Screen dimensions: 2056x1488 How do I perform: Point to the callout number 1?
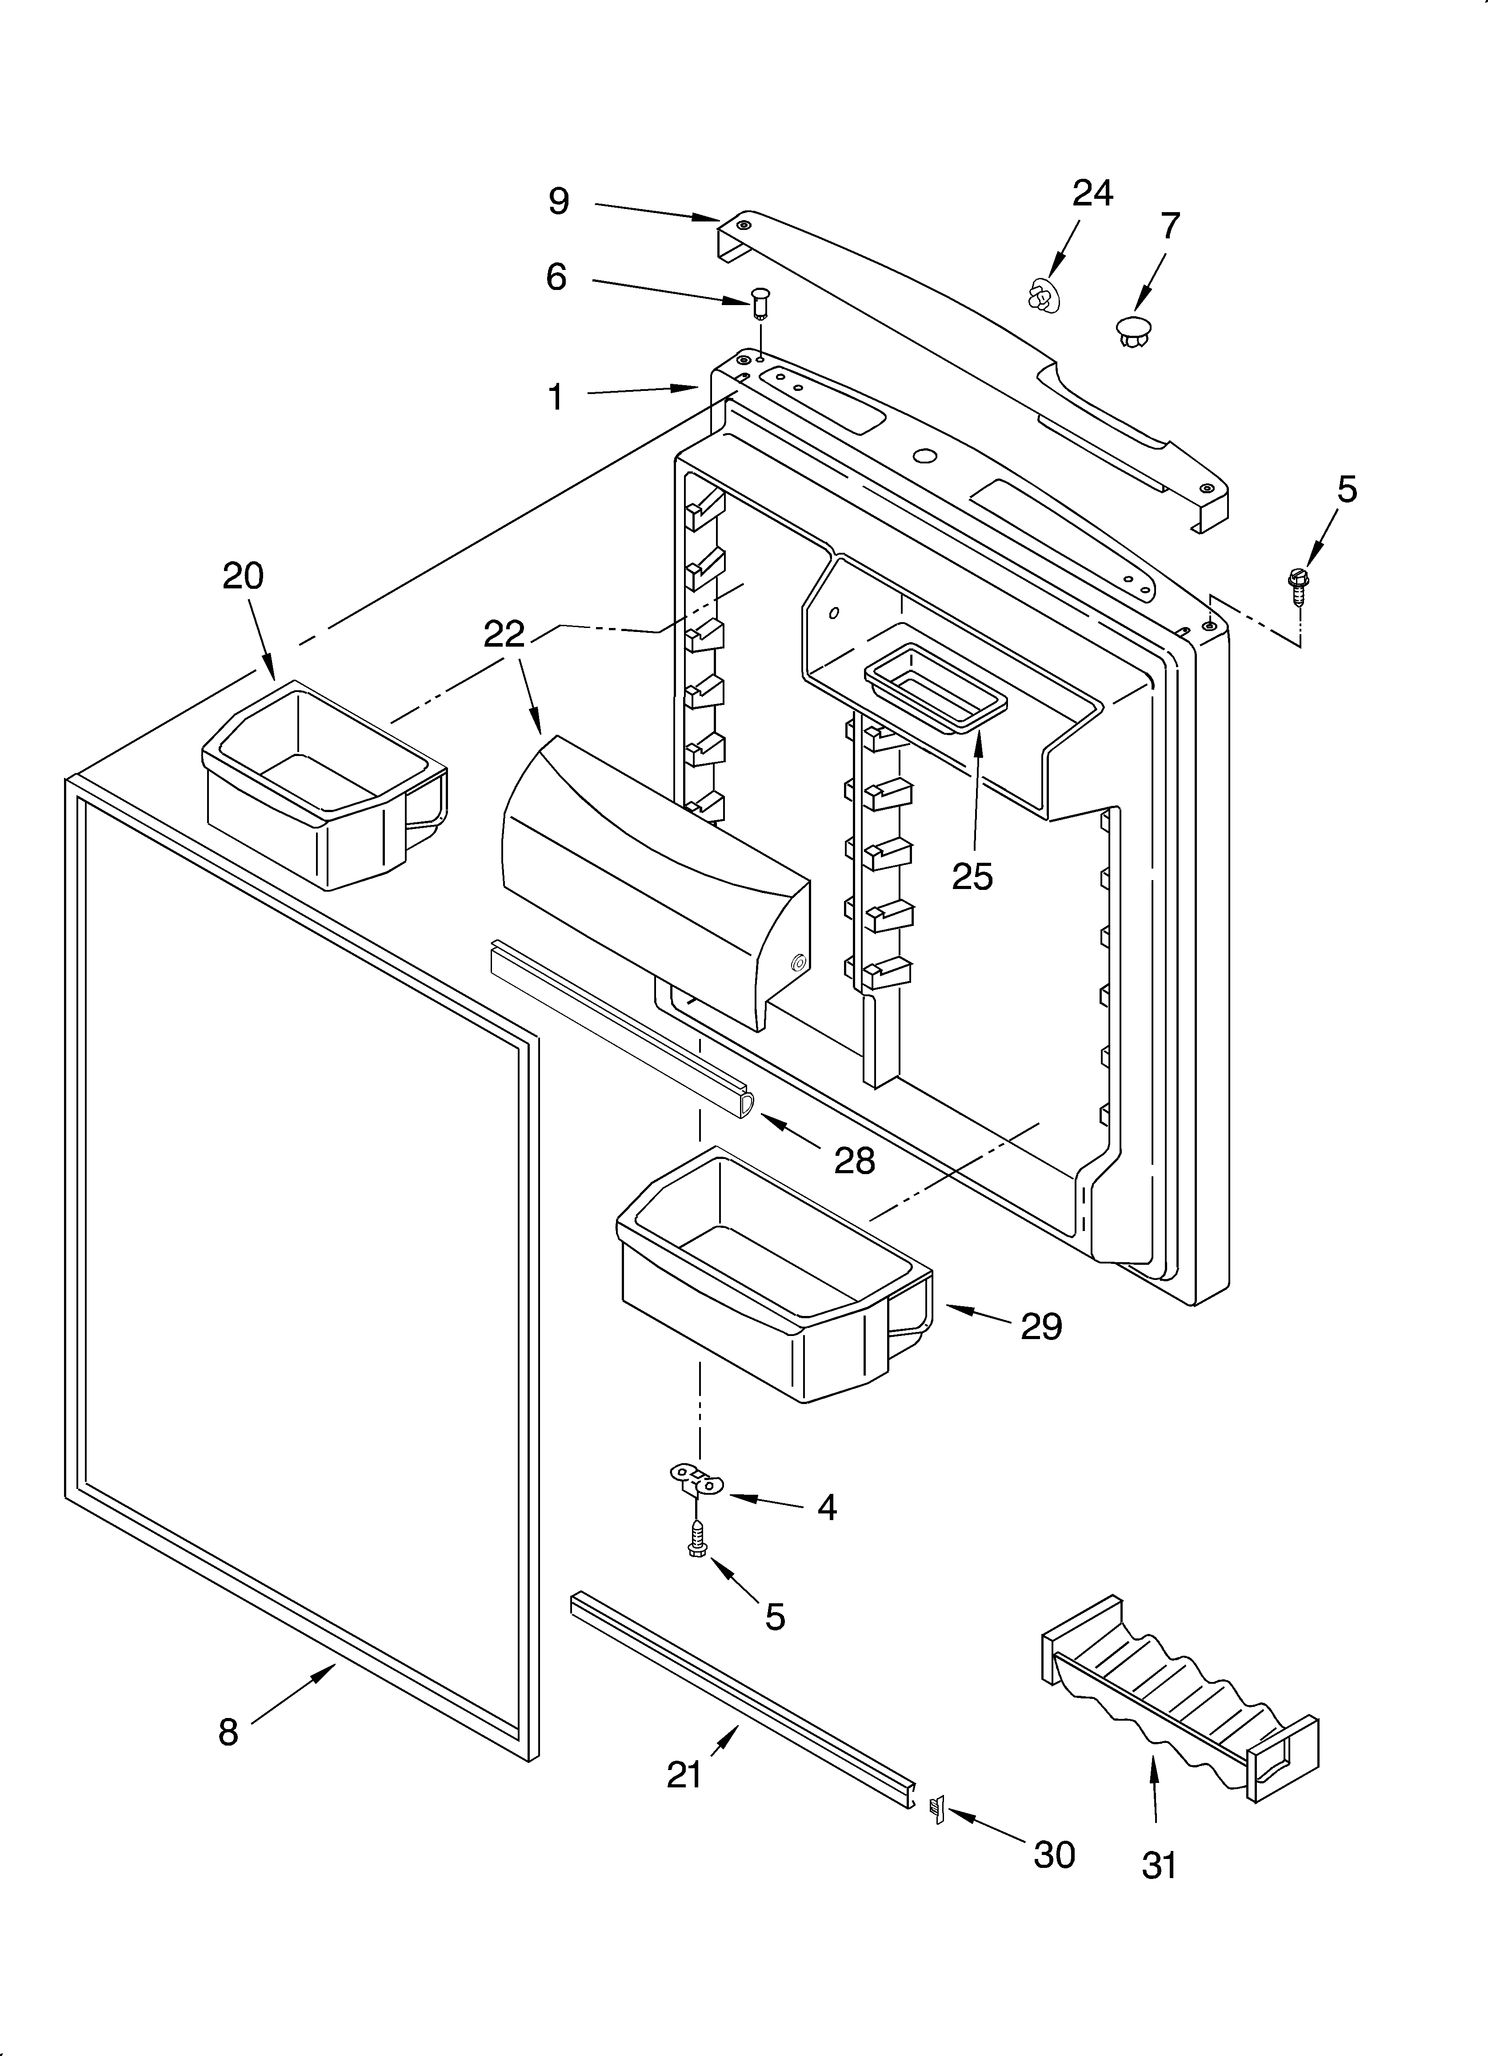[x=556, y=396]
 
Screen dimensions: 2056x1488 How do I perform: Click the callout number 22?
[x=504, y=634]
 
